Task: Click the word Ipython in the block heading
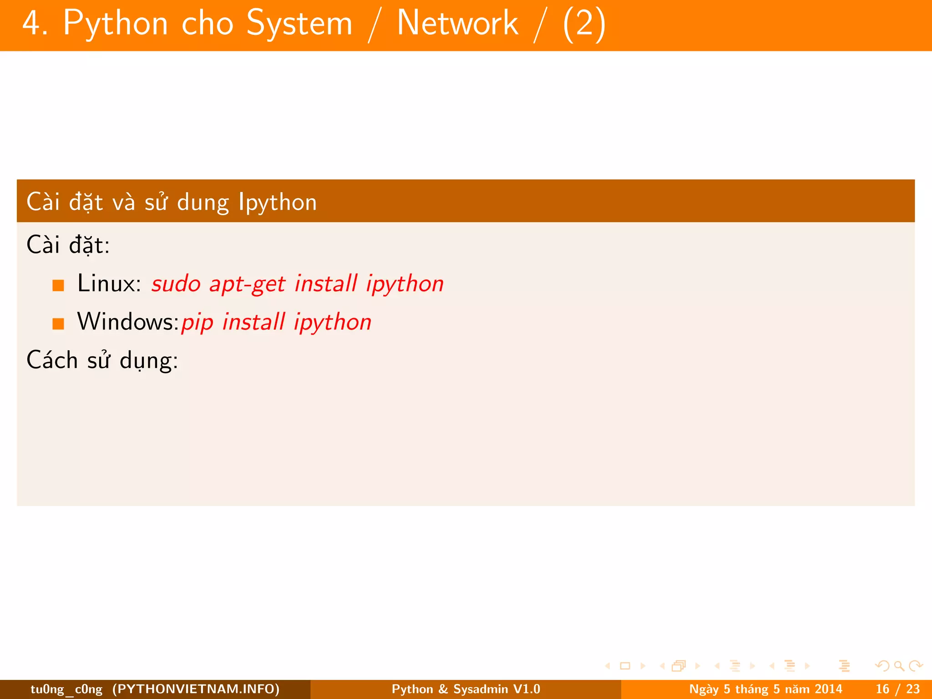(x=278, y=202)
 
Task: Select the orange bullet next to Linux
(x=58, y=285)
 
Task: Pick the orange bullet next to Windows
(x=58, y=324)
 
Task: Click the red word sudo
(x=176, y=284)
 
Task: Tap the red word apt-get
(x=247, y=284)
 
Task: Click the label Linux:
(x=109, y=284)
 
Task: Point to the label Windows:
(x=128, y=322)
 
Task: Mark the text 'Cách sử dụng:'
(x=102, y=360)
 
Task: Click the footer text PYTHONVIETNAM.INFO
(x=196, y=689)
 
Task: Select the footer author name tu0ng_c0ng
(x=66, y=689)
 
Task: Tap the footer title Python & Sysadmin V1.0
(x=466, y=689)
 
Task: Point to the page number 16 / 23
(x=897, y=689)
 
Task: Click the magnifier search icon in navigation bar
(x=899, y=666)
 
